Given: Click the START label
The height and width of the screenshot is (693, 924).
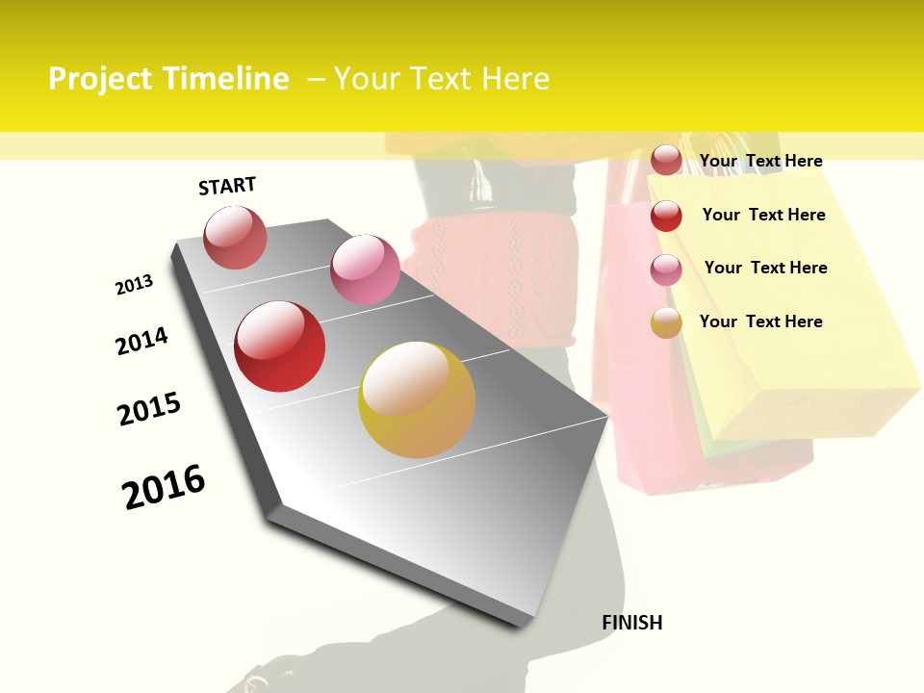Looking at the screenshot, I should [x=227, y=186].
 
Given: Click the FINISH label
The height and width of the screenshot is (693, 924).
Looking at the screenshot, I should [x=631, y=623].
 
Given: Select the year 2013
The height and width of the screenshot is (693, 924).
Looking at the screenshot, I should [x=135, y=285].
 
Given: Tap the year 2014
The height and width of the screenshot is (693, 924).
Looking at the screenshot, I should [x=141, y=341].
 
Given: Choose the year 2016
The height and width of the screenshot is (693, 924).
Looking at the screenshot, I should [x=164, y=487].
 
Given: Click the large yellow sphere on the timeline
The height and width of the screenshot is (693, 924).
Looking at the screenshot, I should [x=417, y=399].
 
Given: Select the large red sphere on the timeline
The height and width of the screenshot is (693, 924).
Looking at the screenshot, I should [x=280, y=346].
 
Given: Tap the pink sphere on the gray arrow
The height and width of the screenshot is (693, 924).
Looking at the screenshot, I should [x=365, y=269].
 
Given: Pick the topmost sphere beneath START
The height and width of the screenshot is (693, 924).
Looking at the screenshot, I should [x=236, y=238].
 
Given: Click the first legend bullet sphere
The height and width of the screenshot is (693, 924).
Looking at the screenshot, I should [x=666, y=161].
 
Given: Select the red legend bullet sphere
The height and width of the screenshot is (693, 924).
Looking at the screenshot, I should [x=666, y=216].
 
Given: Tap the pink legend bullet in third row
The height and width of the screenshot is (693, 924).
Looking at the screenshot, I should [x=666, y=269].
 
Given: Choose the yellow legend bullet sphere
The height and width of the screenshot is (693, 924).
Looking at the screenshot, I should [x=666, y=322].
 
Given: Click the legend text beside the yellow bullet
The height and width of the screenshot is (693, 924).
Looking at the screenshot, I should [x=760, y=321].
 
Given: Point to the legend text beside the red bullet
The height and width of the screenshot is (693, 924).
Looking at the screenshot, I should [x=763, y=215].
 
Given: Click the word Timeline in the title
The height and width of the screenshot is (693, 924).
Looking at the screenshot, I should [x=226, y=79].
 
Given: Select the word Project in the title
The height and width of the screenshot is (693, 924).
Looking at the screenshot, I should [x=101, y=79].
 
